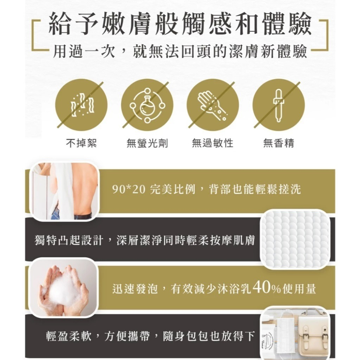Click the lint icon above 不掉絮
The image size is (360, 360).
tap(81, 105)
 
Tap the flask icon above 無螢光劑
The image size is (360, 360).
tap(147, 105)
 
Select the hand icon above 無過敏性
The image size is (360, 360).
tap(212, 105)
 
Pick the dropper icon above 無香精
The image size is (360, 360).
tap(278, 105)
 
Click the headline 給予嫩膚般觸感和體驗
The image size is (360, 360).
tap(180, 25)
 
